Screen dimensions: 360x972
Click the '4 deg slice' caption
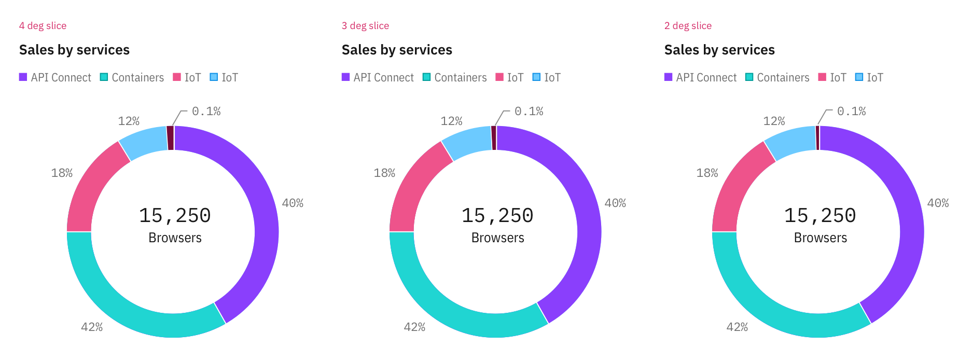tap(43, 26)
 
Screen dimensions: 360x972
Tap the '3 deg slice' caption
tap(365, 26)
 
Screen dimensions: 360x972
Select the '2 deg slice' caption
tap(688, 26)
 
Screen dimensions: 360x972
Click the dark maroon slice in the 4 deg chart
tap(170, 138)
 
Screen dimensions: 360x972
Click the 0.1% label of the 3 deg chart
tap(529, 112)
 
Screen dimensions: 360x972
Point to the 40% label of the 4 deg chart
tap(293, 203)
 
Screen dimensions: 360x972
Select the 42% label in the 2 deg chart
tap(737, 327)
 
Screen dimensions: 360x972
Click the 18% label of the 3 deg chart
tap(384, 173)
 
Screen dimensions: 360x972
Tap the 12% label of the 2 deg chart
tap(774, 121)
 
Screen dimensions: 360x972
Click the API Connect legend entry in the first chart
tap(55, 78)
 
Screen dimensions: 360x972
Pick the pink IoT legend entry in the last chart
tap(832, 78)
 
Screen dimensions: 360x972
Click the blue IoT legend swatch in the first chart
tap(214, 77)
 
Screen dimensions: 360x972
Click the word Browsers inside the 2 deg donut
tap(820, 238)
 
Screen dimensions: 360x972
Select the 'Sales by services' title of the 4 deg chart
tap(74, 50)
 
